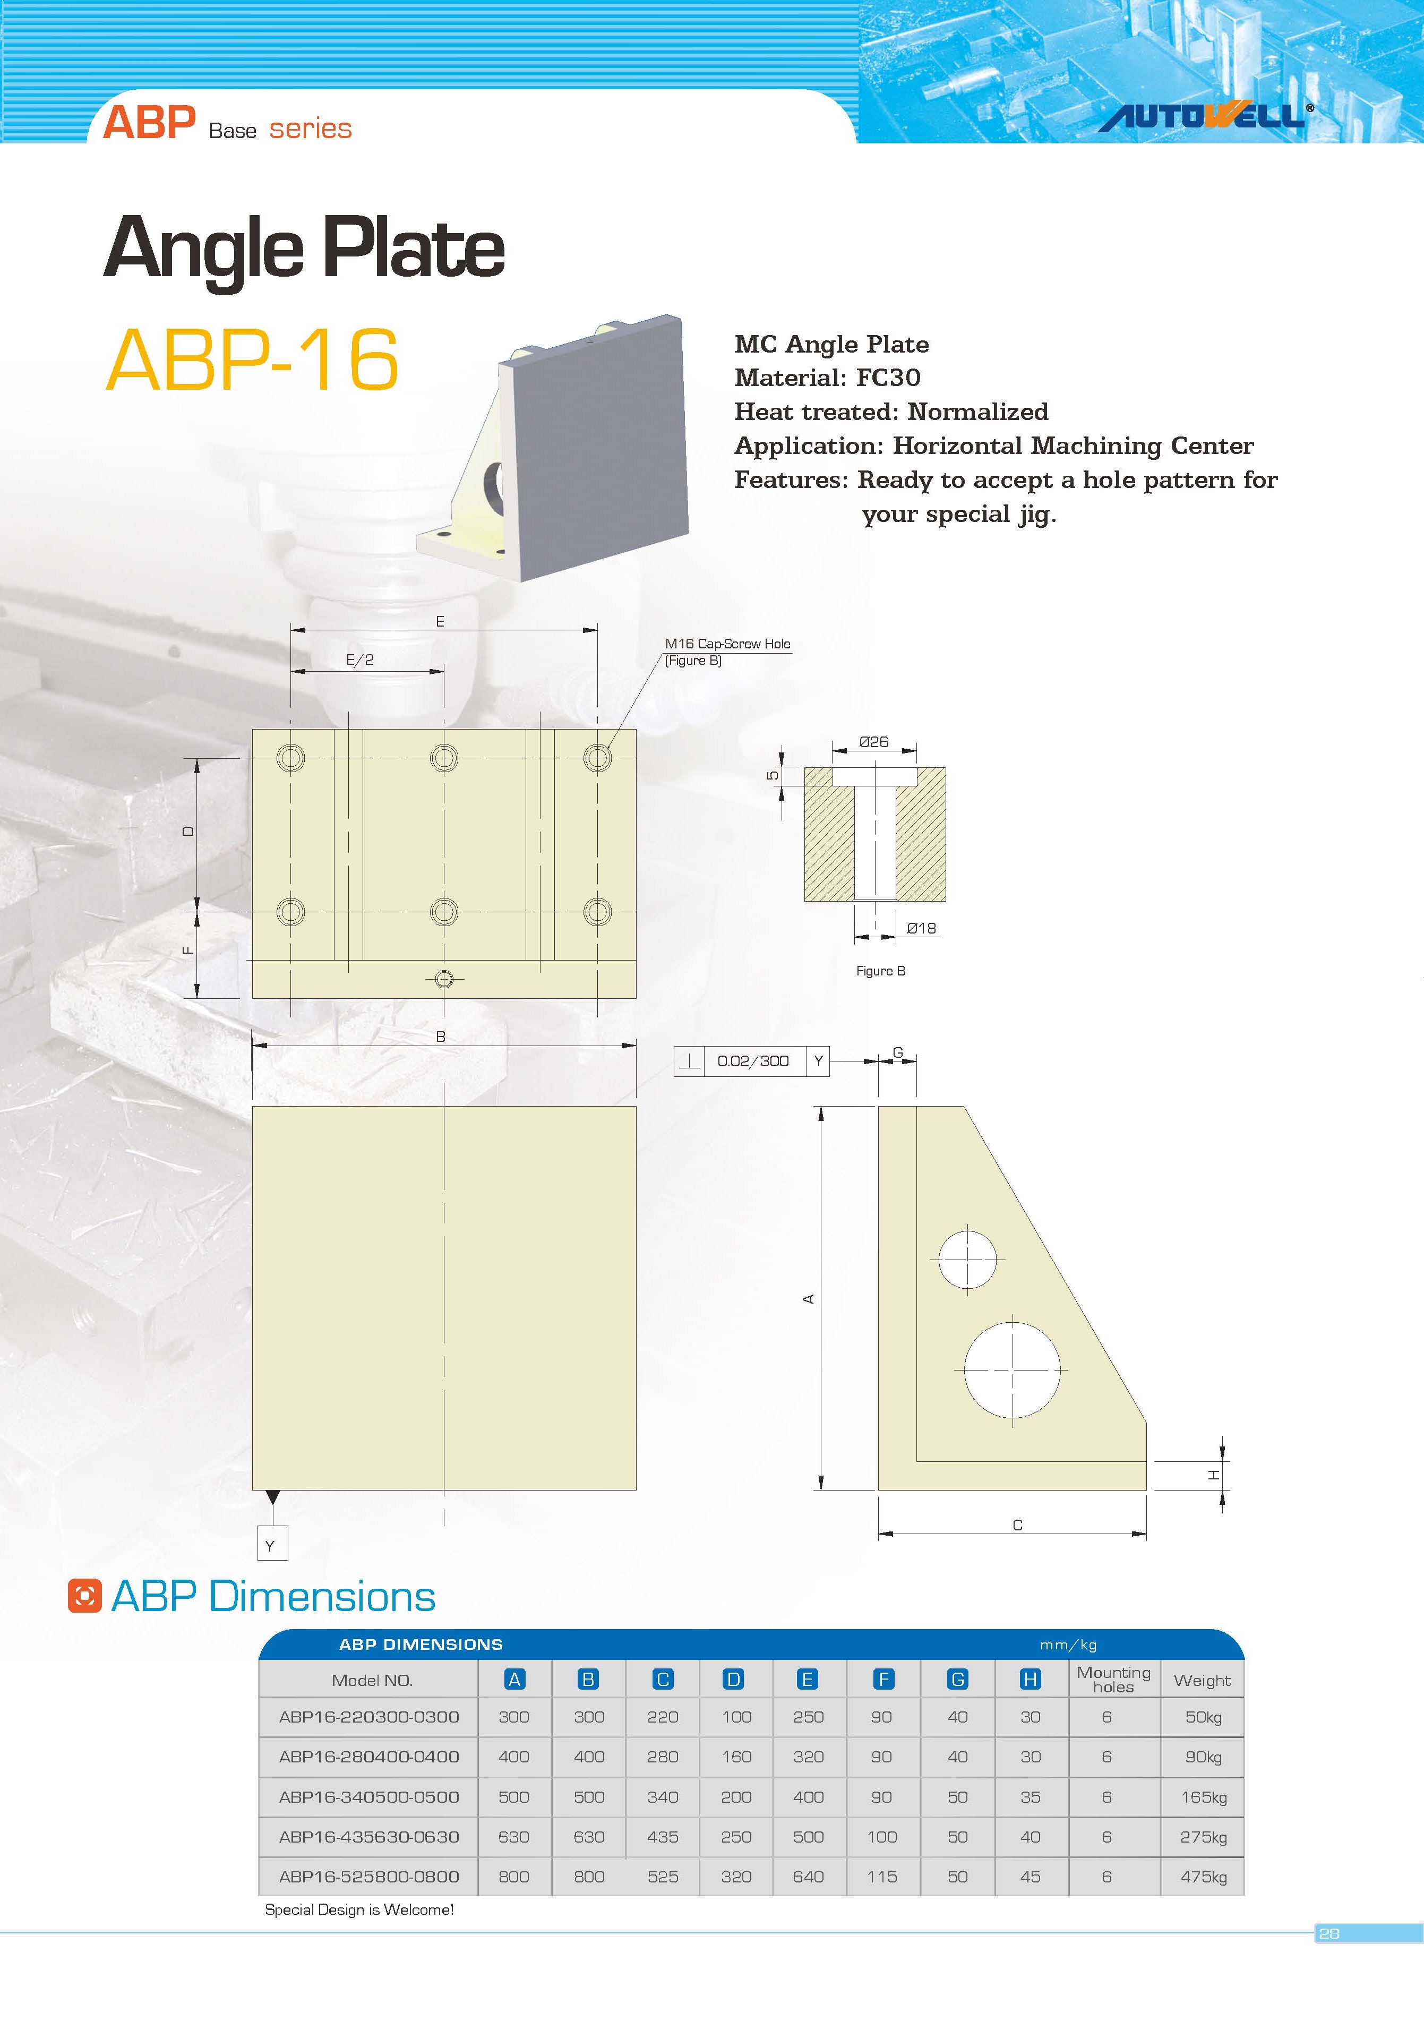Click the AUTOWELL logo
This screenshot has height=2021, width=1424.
pos(1204,116)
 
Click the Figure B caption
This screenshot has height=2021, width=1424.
pos(880,971)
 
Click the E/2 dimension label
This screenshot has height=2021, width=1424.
pos(359,660)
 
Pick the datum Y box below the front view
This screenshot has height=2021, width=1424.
pos(271,1546)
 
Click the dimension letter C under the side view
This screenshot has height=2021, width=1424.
pos(1017,1525)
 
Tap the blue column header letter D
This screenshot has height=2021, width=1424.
pos(733,1680)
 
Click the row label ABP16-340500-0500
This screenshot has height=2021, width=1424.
pos(369,1797)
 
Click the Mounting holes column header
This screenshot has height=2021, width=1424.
pos(1113,1680)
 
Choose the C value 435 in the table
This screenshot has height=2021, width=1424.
pos(662,1837)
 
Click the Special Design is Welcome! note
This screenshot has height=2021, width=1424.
pos(359,1909)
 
